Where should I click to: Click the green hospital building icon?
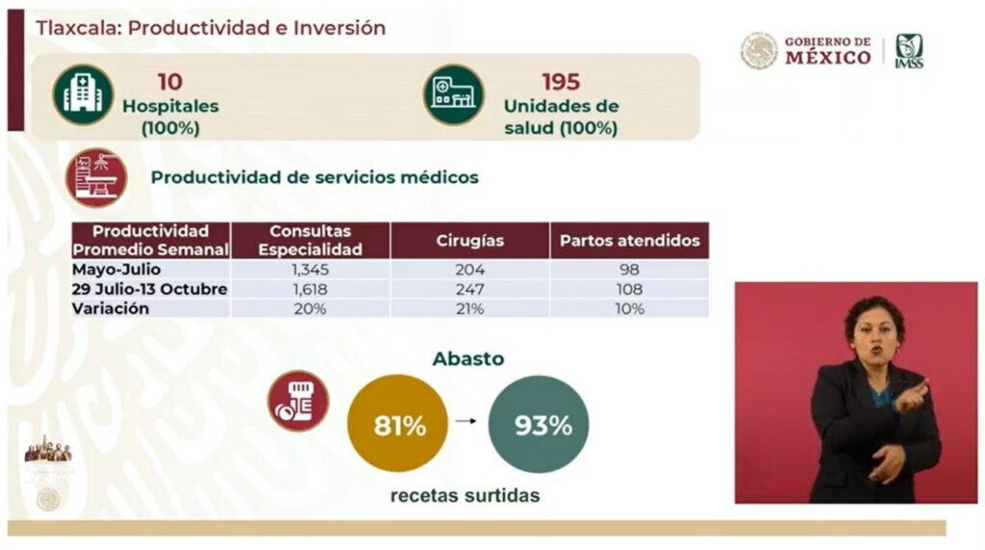click(83, 94)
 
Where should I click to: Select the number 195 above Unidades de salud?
click(562, 82)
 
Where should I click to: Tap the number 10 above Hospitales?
click(169, 82)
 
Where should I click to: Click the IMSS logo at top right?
click(909, 51)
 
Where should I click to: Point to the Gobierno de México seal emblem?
click(759, 51)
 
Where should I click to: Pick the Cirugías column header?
click(469, 240)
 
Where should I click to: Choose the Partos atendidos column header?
click(629, 240)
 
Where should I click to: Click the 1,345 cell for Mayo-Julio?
click(310, 269)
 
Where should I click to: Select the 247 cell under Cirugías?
click(469, 288)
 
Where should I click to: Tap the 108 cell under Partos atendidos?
click(629, 288)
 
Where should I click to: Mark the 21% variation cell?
click(469, 309)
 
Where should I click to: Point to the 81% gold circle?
click(399, 424)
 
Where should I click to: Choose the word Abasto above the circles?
click(468, 359)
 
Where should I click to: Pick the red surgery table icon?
click(96, 177)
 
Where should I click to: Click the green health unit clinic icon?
click(453, 94)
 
